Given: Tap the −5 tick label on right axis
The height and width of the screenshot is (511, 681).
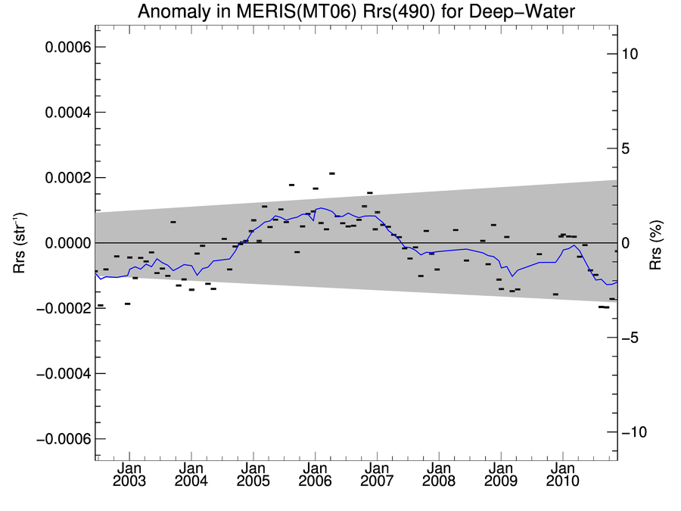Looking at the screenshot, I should (x=631, y=338).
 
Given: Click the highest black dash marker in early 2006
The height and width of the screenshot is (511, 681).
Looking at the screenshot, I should (x=331, y=173).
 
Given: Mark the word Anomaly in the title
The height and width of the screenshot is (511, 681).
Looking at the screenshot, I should (x=169, y=13).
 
